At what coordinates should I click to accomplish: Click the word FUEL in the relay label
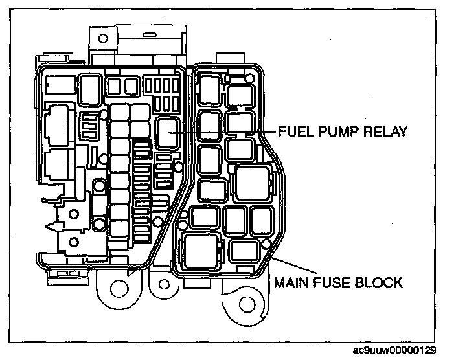[295, 131]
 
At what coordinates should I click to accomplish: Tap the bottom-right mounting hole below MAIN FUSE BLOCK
[245, 305]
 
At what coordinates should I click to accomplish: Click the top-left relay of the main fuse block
[209, 87]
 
